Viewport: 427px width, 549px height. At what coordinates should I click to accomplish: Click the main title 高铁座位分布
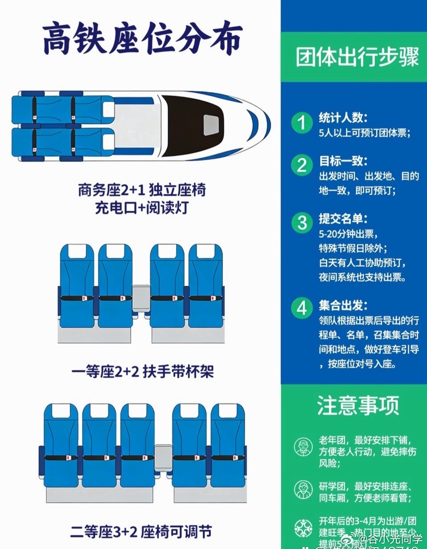click(142, 39)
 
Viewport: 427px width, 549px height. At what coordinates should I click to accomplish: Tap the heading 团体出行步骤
click(357, 57)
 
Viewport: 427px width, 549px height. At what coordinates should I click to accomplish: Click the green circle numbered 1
click(302, 122)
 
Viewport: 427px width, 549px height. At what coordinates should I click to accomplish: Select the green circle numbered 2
click(302, 165)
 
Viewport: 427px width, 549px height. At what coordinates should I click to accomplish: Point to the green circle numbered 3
click(302, 223)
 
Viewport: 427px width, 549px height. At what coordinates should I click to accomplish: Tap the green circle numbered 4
click(302, 308)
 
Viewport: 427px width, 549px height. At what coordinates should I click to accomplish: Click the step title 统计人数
click(343, 118)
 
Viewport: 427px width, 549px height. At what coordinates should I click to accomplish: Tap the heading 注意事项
click(358, 406)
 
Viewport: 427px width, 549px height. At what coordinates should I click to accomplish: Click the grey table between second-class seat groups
click(163, 458)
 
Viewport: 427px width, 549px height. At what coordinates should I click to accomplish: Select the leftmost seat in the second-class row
click(61, 445)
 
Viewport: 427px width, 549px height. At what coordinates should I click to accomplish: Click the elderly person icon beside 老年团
click(303, 447)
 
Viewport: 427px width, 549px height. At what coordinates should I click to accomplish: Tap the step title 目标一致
click(343, 161)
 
